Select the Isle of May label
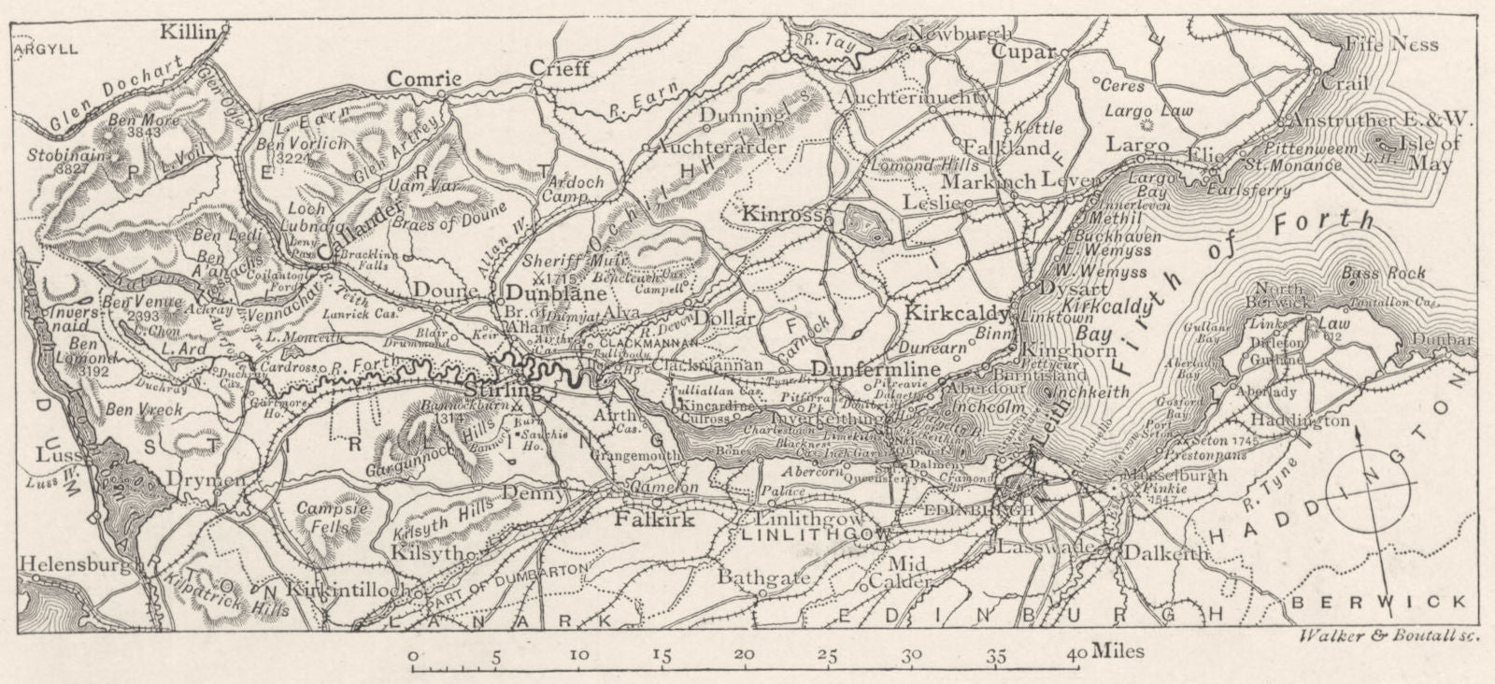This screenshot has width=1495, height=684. tap(1420, 153)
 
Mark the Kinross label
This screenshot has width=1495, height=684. tap(780, 214)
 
